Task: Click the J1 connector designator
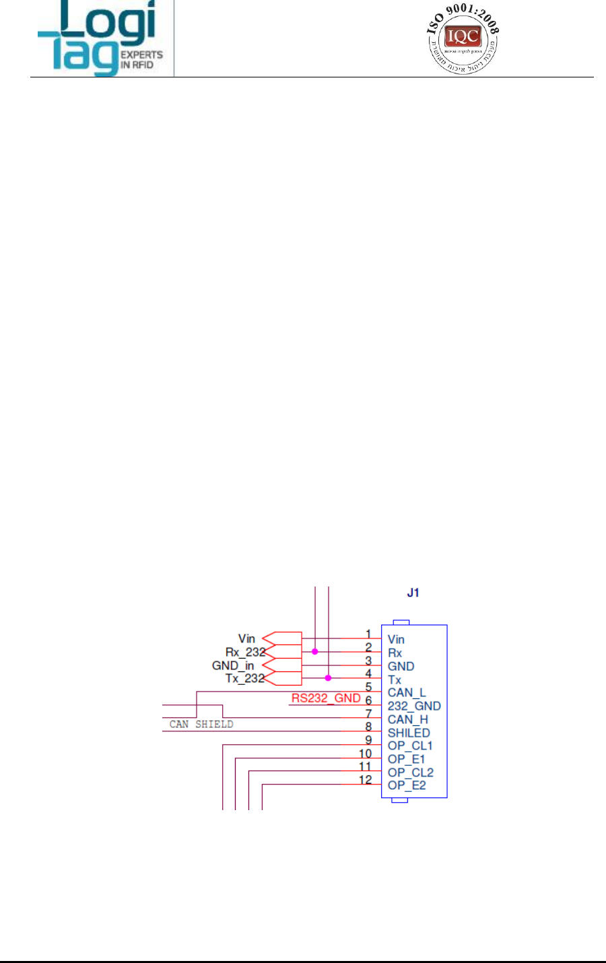pyautogui.click(x=413, y=593)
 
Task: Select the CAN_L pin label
pyautogui.click(x=407, y=692)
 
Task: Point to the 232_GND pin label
pyautogui.click(x=414, y=706)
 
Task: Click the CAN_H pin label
pyautogui.click(x=407, y=719)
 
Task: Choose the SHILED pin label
pyautogui.click(x=409, y=733)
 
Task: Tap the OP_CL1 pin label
pyautogui.click(x=410, y=745)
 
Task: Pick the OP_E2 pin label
pyautogui.click(x=407, y=785)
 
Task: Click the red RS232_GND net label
pyautogui.click(x=326, y=698)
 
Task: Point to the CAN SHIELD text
pyautogui.click(x=201, y=725)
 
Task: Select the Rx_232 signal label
pyautogui.click(x=245, y=652)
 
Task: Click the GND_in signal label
pyautogui.click(x=233, y=665)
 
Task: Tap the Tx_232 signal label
pyautogui.click(x=245, y=678)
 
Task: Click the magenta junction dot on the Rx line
pyautogui.click(x=314, y=652)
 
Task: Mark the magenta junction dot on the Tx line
pyautogui.click(x=328, y=678)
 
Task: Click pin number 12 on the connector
pyautogui.click(x=365, y=780)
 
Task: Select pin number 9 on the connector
pyautogui.click(x=368, y=740)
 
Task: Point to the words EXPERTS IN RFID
pyautogui.click(x=141, y=60)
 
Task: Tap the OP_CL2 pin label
pyautogui.click(x=410, y=772)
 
